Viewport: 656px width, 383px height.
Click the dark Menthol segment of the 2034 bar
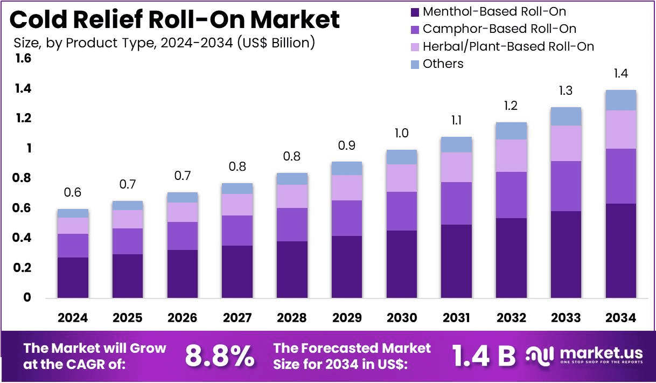(x=621, y=250)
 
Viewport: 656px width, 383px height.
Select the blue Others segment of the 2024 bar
(x=73, y=213)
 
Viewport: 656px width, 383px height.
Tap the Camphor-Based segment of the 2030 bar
(x=402, y=211)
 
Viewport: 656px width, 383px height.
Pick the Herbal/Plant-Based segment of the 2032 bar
(x=511, y=156)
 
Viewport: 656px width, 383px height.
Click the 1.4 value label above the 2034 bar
(x=621, y=73)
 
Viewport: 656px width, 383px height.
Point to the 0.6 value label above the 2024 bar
(x=73, y=192)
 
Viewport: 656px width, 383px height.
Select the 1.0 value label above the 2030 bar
(x=401, y=133)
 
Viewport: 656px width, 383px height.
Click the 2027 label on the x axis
(x=237, y=318)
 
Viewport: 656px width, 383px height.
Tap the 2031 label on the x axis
(x=456, y=318)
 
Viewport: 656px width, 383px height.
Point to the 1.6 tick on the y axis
(x=23, y=58)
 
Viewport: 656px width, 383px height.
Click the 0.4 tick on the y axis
(x=22, y=238)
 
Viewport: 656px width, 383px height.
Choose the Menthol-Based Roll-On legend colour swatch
(x=415, y=12)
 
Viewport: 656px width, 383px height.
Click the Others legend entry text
(x=443, y=64)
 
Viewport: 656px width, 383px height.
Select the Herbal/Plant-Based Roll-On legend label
(x=508, y=46)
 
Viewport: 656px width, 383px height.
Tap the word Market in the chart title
(x=295, y=19)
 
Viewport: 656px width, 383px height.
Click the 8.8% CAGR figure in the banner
(x=220, y=356)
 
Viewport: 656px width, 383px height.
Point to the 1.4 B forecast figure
(x=484, y=356)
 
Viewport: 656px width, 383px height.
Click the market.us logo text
(x=602, y=353)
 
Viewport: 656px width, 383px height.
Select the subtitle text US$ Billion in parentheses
(x=276, y=43)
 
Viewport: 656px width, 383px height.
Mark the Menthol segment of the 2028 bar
(x=292, y=270)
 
